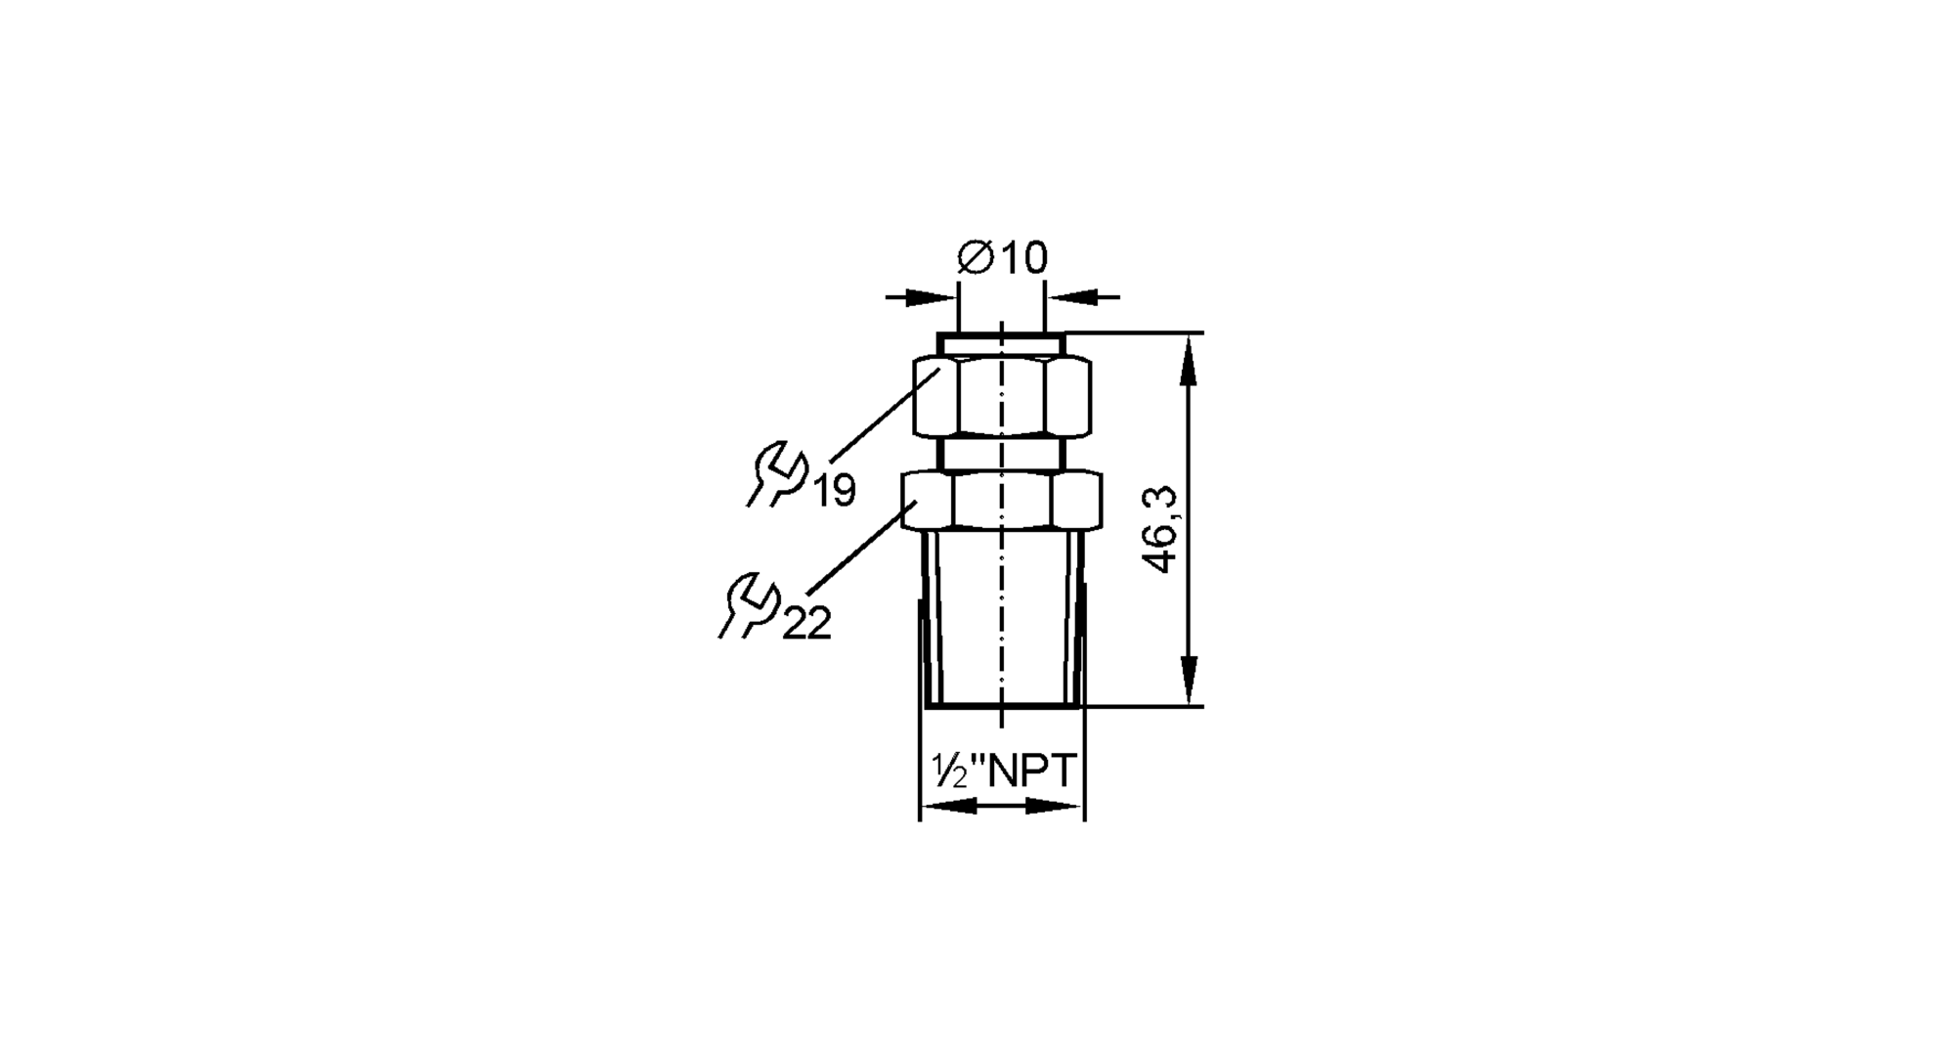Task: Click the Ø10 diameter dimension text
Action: [1002, 258]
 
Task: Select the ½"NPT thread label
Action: [1003, 772]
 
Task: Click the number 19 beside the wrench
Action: [835, 490]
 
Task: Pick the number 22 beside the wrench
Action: [806, 623]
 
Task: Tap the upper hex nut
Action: [1002, 397]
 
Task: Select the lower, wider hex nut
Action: [1002, 501]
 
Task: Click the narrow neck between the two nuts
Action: [1002, 454]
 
